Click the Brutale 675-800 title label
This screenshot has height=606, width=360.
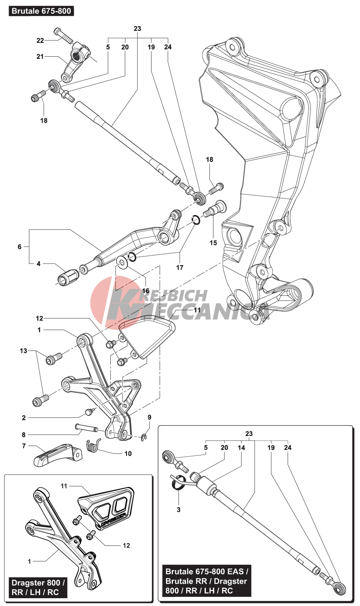pyautogui.click(x=41, y=11)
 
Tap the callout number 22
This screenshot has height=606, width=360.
pyautogui.click(x=40, y=41)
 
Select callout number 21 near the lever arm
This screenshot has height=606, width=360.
pyautogui.click(x=40, y=57)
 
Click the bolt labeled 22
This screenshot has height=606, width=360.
pyautogui.click(x=63, y=36)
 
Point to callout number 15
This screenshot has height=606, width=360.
pyautogui.click(x=213, y=243)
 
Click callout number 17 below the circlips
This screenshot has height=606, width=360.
pyautogui.click(x=180, y=267)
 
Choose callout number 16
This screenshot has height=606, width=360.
pyautogui.click(x=146, y=291)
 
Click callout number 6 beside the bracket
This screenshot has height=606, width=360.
pyautogui.click(x=20, y=247)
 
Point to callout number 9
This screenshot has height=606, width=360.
pyautogui.click(x=149, y=417)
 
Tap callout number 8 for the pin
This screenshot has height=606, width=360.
pyautogui.click(x=24, y=435)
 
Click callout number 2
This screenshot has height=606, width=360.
pyautogui.click(x=24, y=418)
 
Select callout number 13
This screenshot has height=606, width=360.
pyautogui.click(x=23, y=351)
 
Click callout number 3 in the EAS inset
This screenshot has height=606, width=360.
pyautogui.click(x=179, y=510)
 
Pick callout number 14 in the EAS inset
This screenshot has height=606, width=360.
pyautogui.click(x=241, y=448)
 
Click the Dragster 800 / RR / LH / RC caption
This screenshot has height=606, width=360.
pyautogui.click(x=38, y=587)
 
